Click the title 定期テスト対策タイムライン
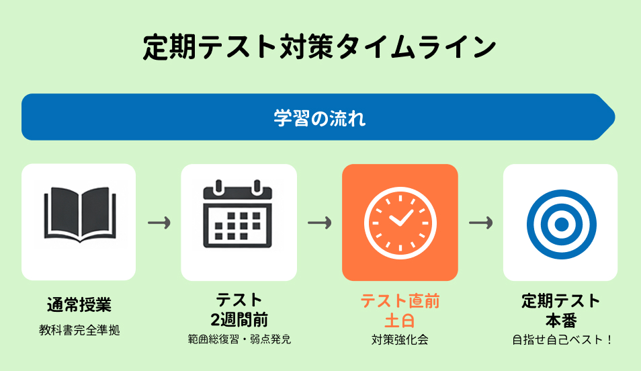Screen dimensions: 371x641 [320, 48]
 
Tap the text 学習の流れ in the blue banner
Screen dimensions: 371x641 [320, 118]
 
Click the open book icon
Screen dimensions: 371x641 [79, 214]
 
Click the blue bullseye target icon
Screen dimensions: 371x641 [560, 222]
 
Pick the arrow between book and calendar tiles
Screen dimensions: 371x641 [159, 222]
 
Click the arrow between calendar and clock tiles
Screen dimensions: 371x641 [320, 222]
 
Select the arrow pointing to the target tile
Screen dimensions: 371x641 [481, 222]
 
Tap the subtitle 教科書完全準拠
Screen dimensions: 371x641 [79, 330]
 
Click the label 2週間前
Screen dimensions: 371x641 [239, 319]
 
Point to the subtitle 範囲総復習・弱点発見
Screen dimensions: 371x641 [239, 339]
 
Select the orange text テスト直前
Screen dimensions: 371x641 [400, 300]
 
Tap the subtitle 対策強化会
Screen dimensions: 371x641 [400, 339]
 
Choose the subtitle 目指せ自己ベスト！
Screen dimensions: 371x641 [560, 339]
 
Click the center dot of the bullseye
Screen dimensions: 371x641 [560, 222]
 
